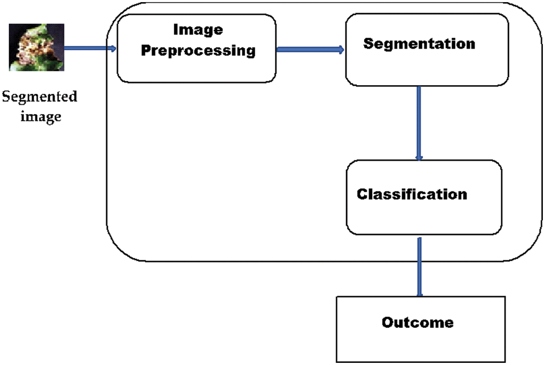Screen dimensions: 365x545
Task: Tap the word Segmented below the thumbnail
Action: point(40,98)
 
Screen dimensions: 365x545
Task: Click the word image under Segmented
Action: point(40,116)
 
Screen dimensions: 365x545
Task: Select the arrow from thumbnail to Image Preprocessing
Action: point(90,49)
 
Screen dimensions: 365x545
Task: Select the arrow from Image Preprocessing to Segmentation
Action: point(310,50)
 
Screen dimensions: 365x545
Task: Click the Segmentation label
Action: point(419,44)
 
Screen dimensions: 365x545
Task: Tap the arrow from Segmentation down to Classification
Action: point(419,122)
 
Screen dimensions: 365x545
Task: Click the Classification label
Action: point(411,194)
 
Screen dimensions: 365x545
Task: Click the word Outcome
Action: point(417,322)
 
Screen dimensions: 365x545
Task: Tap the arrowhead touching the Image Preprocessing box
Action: point(114,49)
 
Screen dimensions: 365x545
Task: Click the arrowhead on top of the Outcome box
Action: point(419,294)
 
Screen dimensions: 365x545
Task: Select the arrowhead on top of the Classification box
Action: point(419,158)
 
